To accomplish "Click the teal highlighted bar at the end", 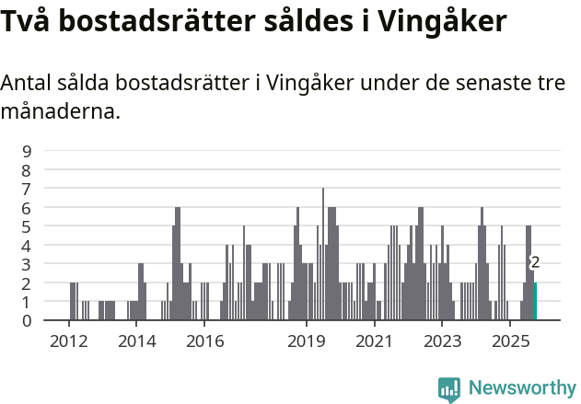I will pos(535,302).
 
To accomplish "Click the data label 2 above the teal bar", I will pos(535,262).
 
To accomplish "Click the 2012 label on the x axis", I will pos(68,341).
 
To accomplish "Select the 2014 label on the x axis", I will pos(136,341).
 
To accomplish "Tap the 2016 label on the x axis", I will pos(204,341).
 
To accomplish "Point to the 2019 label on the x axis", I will pos(307,341).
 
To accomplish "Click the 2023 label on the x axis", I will pos(442,341).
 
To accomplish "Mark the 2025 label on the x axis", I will pos(509,341).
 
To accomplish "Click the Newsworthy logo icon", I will pos(449,389).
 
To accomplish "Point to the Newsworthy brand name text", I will pos(522,389).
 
